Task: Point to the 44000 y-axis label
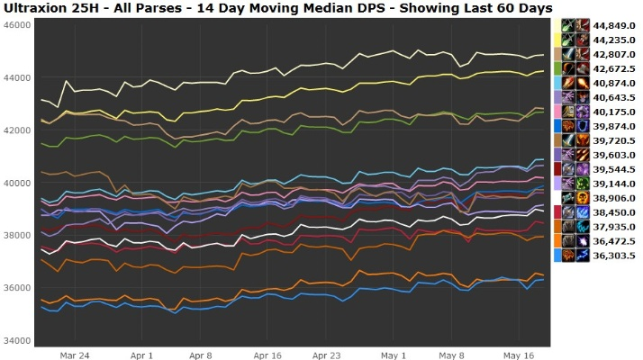(x=17, y=77)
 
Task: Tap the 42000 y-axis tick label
(x=17, y=130)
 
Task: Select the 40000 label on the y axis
(x=17, y=183)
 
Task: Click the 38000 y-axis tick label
(x=17, y=235)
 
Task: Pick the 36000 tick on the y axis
(x=17, y=288)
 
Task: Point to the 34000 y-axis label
(x=17, y=340)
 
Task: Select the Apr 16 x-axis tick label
(x=267, y=355)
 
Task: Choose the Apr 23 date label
(x=326, y=355)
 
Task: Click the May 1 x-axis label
(x=393, y=355)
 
